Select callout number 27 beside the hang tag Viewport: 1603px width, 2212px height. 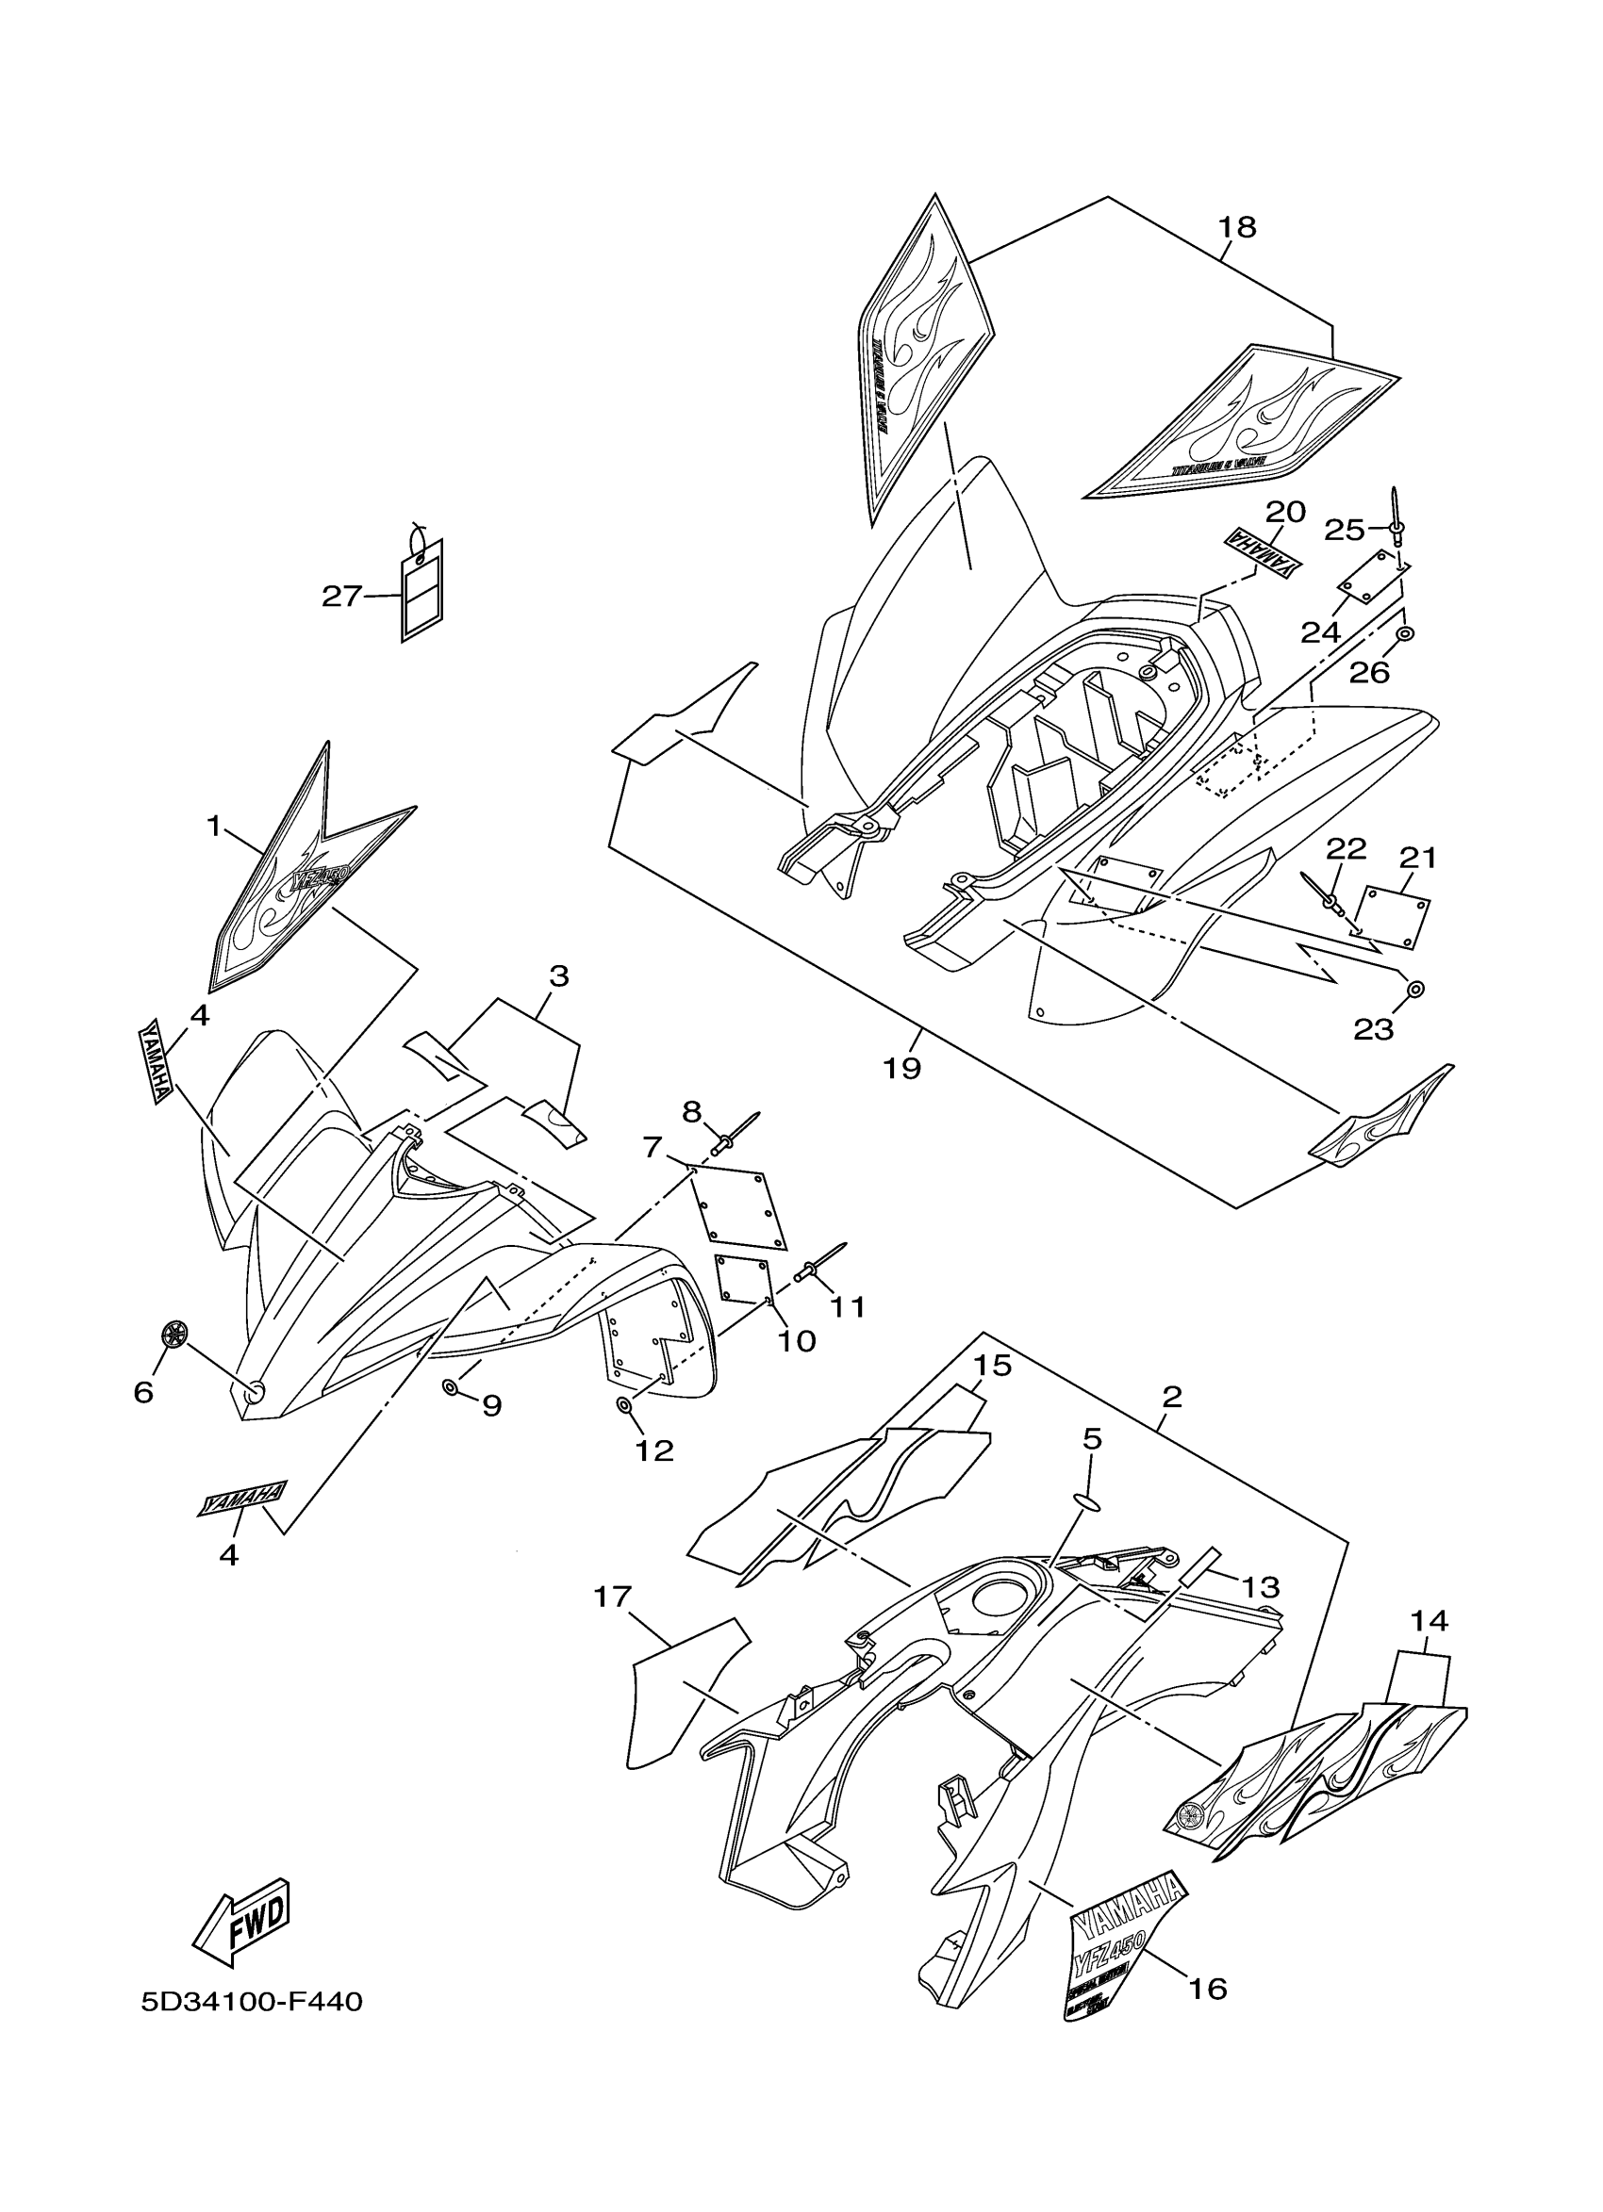[342, 596]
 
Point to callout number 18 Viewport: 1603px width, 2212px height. [1237, 227]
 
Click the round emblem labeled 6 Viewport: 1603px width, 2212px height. [174, 1334]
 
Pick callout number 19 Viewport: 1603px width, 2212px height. [901, 1069]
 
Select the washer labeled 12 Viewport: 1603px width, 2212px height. [622, 1405]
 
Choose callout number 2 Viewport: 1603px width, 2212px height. [1172, 1397]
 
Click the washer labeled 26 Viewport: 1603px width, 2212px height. [1405, 634]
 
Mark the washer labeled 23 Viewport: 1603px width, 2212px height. [1416, 990]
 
